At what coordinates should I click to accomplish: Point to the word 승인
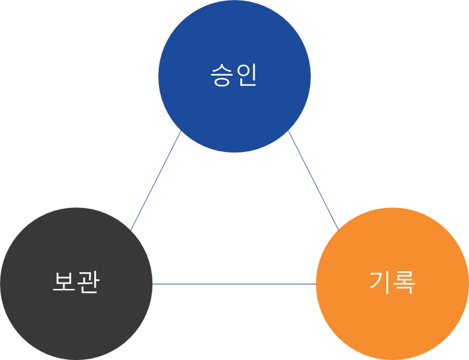click(234, 75)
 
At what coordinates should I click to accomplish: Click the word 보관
click(76, 282)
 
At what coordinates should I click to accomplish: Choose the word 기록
click(392, 282)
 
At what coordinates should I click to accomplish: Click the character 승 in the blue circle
click(222, 75)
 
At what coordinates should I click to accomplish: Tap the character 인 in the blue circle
click(246, 75)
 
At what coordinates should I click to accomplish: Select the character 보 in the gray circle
click(63, 282)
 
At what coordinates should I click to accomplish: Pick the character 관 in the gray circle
click(88, 282)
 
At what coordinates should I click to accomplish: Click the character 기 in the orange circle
click(380, 282)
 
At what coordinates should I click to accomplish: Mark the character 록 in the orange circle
click(404, 282)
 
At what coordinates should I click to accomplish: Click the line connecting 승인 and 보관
click(156, 182)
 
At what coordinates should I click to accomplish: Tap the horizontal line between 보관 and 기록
click(235, 283)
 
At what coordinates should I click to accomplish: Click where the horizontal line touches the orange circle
click(315, 283)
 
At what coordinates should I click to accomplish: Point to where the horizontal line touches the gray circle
click(155, 283)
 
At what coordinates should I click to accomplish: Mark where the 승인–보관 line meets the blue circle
click(179, 136)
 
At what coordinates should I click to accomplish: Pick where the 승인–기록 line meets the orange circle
click(339, 228)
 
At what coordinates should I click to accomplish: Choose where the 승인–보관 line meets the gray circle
click(132, 229)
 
